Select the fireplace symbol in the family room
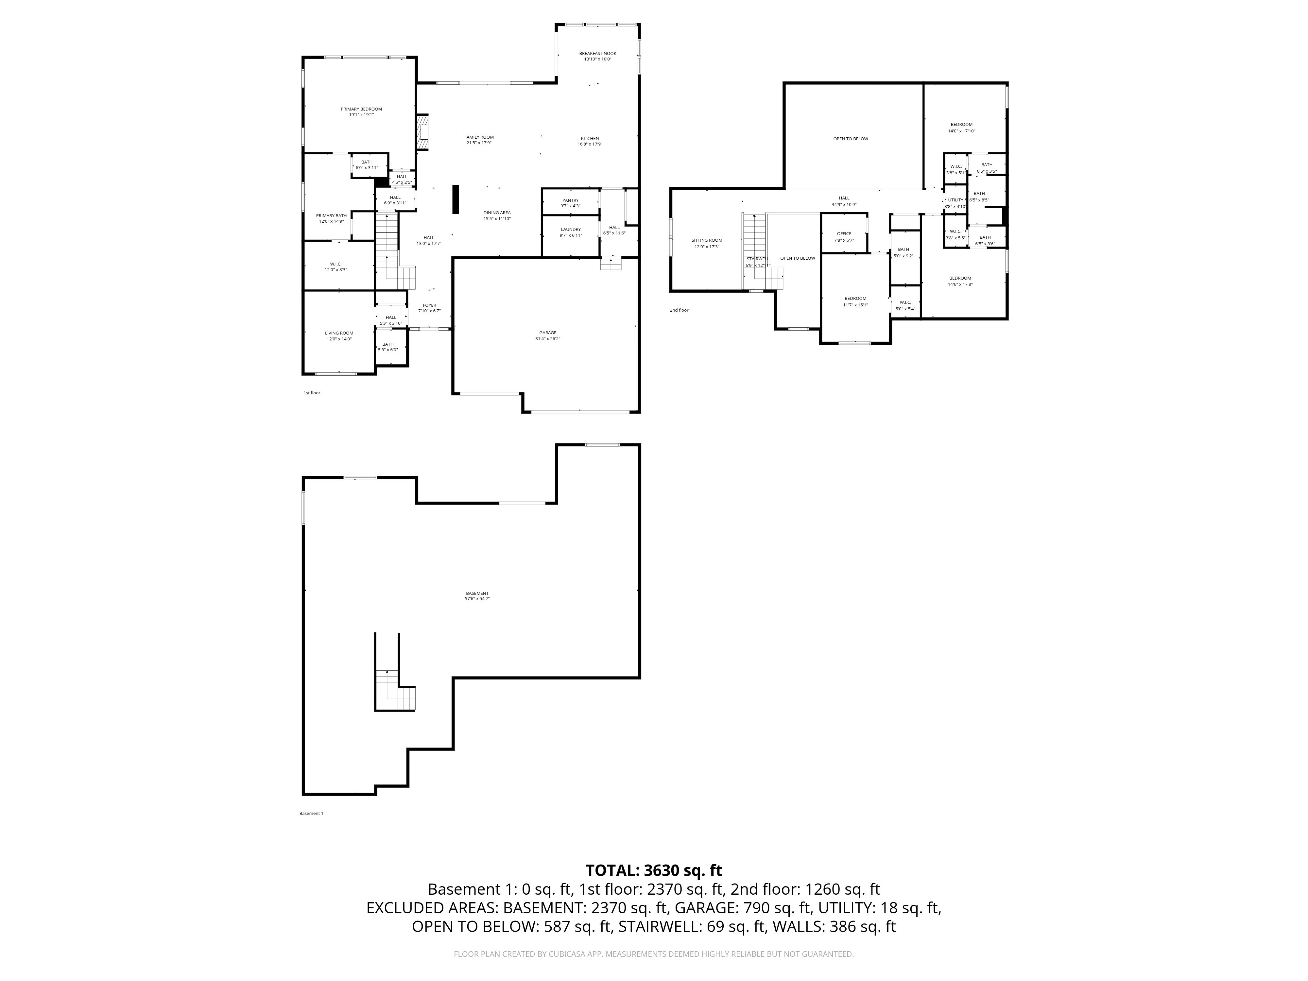tap(422, 132)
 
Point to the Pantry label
tap(570, 200)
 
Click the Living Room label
tap(339, 333)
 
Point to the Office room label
tap(844, 233)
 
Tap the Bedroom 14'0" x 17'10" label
tap(961, 125)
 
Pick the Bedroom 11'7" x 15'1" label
tap(855, 299)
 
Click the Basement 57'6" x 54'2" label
tap(477, 593)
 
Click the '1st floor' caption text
tap(312, 393)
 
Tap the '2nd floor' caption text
tap(679, 310)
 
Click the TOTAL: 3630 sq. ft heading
tap(653, 870)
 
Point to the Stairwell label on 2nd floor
tap(757, 259)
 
